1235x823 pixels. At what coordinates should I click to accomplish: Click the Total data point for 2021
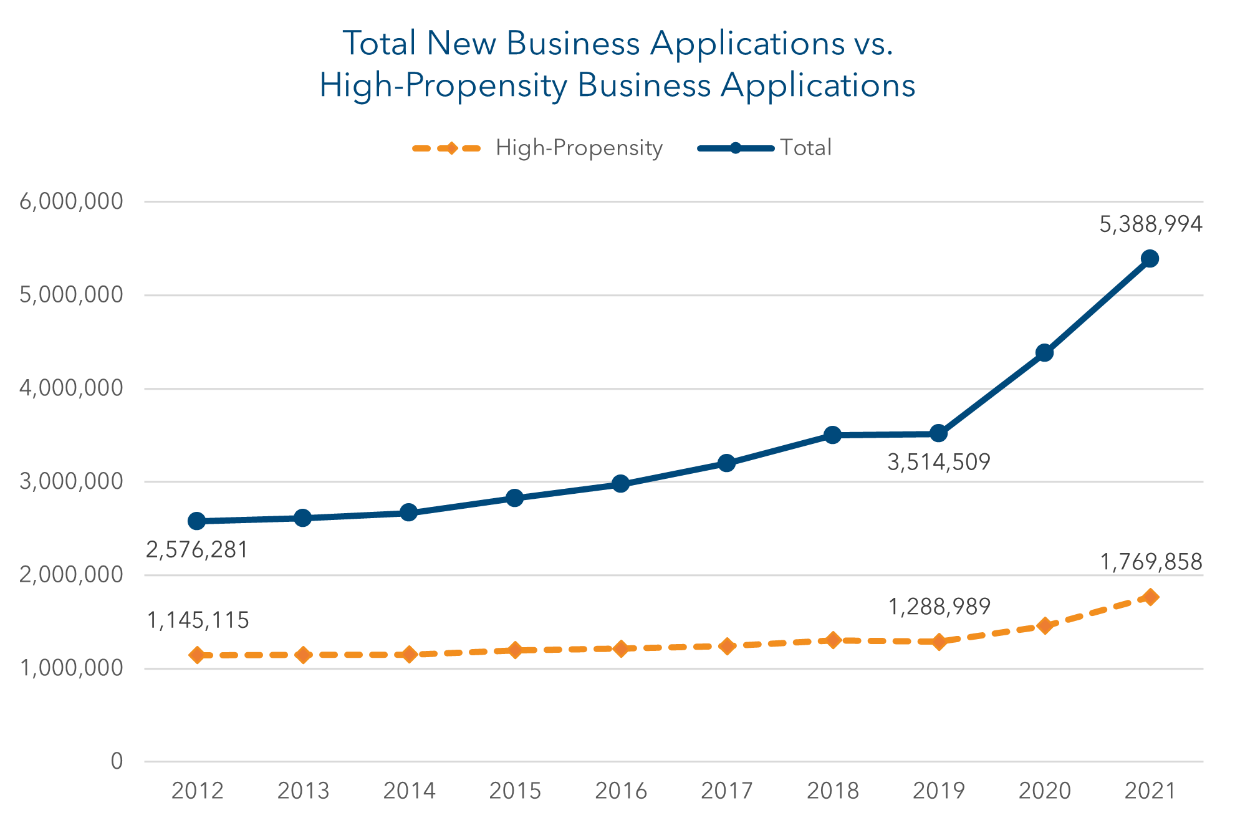click(1150, 259)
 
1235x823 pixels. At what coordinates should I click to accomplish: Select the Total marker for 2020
click(1044, 353)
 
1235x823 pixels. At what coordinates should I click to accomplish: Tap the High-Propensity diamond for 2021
click(1150, 597)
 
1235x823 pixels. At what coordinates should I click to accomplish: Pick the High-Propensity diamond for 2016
click(620, 648)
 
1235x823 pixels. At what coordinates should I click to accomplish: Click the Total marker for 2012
click(197, 521)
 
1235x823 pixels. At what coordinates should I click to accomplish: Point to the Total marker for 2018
click(832, 435)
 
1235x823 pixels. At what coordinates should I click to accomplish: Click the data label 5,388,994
click(1150, 224)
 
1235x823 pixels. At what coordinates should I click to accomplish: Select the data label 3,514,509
click(938, 463)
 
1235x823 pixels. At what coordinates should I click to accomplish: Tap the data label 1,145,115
click(198, 620)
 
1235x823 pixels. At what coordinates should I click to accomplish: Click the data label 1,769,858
click(1150, 562)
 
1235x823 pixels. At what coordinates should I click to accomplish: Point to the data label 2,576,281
click(197, 550)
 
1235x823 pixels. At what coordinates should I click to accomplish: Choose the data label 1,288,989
click(939, 607)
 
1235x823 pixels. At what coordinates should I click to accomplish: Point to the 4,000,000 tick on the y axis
click(71, 388)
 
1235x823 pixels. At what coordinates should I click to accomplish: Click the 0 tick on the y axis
click(117, 761)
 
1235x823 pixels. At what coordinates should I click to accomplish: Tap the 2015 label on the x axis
click(514, 791)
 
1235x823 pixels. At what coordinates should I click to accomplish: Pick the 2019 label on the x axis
click(938, 791)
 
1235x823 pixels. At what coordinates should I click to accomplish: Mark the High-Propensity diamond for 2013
click(303, 655)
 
